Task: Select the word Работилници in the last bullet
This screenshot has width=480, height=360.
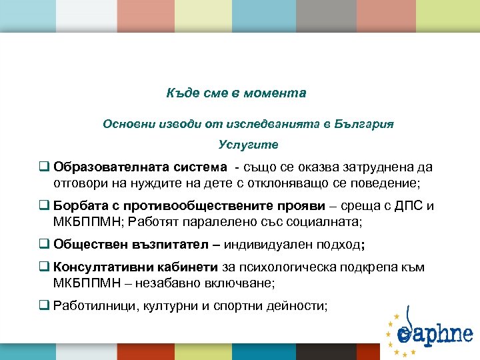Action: click(x=94, y=306)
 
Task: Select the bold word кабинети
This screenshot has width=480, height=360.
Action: click(x=188, y=267)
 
